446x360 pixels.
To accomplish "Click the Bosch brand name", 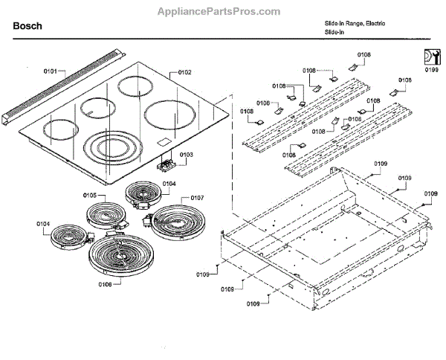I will tap(28, 26).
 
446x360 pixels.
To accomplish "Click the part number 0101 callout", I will tap(50, 71).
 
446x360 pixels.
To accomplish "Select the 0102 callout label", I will tap(185, 72).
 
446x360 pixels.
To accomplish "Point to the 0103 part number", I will tap(187, 155).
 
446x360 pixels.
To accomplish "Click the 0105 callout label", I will tap(90, 195).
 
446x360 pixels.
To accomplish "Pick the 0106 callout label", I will tap(105, 284).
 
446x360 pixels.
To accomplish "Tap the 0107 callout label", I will tap(197, 197).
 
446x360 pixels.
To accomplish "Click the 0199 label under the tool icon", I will tap(432, 69).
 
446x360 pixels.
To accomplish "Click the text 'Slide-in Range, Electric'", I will tap(354, 25).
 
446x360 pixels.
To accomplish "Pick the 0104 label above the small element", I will tap(169, 182).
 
